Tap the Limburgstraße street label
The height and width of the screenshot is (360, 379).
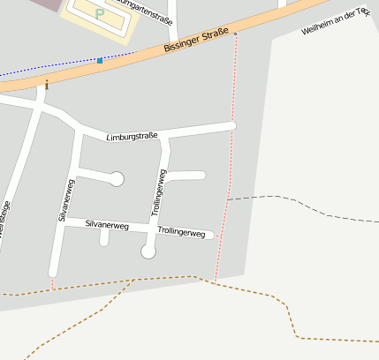point(132,137)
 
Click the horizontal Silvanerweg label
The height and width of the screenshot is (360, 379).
point(107,226)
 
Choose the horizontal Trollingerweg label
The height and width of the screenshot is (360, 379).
point(181,232)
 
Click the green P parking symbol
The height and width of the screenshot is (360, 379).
point(99,15)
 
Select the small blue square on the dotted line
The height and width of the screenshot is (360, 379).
point(100,60)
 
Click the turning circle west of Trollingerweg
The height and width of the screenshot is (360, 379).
point(116,179)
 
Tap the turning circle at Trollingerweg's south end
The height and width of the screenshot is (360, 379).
point(148,252)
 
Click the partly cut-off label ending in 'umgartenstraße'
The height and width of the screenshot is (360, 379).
point(145,14)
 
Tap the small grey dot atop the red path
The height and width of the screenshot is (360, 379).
point(236,34)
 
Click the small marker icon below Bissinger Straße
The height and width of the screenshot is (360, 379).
point(46,85)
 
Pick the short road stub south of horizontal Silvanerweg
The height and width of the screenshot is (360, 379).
point(104,237)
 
